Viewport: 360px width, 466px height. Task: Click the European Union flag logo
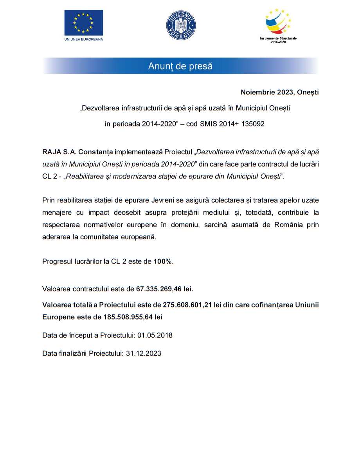coord(84,22)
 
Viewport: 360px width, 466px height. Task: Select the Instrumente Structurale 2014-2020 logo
coord(278,23)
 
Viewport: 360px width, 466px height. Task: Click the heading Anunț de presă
coord(180,66)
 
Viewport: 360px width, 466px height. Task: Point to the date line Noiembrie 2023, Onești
coord(279,93)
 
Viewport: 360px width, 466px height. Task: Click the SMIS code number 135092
coord(252,124)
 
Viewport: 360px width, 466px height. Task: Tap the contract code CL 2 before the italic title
coord(49,176)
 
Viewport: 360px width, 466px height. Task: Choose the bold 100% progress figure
coord(163,262)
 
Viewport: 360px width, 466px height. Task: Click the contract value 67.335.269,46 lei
coord(164,289)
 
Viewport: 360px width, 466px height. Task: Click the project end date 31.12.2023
coord(144,353)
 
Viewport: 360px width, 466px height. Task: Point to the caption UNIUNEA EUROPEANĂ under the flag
coord(83,39)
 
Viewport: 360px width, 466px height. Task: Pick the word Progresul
coord(58,262)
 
